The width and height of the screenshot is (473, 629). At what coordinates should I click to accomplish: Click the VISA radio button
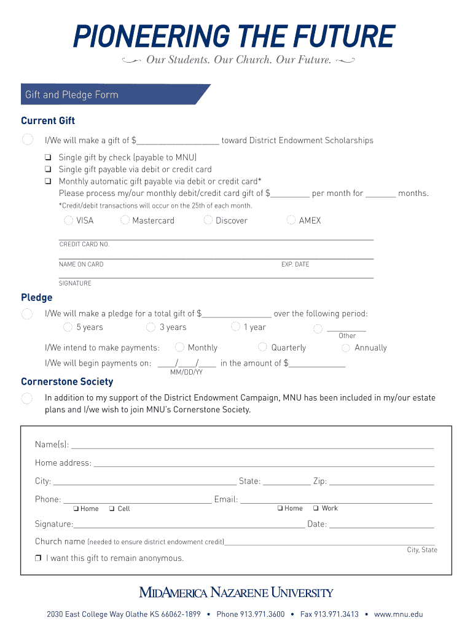[68, 220]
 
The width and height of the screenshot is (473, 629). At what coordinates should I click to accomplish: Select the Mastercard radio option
[125, 220]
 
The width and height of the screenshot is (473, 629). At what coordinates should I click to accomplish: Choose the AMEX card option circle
[291, 220]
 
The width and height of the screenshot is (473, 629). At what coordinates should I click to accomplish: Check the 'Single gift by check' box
[47, 157]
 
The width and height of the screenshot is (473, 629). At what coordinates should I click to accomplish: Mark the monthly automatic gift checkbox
[47, 181]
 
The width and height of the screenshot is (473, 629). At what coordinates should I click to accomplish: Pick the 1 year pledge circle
[235, 327]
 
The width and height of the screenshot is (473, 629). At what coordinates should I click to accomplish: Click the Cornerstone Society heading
[67, 381]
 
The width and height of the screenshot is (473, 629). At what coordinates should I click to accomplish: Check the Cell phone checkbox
[112, 509]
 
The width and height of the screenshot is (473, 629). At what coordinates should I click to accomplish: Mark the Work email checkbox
[316, 508]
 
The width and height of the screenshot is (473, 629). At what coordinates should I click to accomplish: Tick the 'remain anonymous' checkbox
[38, 558]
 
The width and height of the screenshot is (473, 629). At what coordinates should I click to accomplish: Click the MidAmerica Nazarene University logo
[236, 593]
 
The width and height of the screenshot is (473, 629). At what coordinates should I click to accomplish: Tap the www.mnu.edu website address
[398, 614]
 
